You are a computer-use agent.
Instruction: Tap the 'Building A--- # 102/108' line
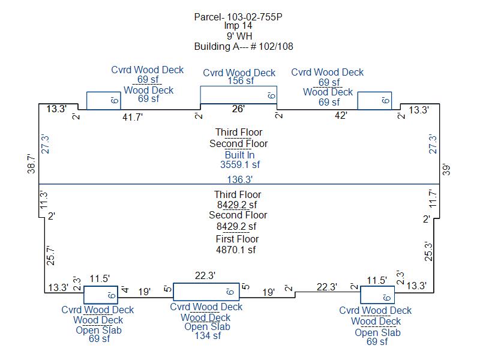point(244,47)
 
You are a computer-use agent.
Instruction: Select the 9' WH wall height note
point(239,36)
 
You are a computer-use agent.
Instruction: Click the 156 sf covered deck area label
point(241,81)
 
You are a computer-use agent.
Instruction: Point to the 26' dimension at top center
point(238,109)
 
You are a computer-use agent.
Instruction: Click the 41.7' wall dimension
point(133,117)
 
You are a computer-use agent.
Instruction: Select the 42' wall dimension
point(341,115)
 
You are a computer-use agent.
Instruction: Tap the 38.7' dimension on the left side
point(31,164)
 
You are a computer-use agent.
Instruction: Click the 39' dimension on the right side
point(446,170)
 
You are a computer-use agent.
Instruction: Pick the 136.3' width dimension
point(239,179)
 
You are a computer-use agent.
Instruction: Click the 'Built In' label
point(239,155)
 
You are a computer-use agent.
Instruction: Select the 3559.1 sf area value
point(240,164)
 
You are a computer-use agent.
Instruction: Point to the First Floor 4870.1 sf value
point(236,250)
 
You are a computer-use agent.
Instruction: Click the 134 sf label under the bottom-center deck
point(208,336)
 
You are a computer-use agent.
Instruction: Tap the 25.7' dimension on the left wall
point(50,256)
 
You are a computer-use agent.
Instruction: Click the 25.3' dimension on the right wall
point(428,251)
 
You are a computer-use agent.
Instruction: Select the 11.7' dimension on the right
point(432,199)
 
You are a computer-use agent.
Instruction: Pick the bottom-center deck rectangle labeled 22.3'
point(206,283)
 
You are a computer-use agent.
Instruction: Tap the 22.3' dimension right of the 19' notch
point(327,287)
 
